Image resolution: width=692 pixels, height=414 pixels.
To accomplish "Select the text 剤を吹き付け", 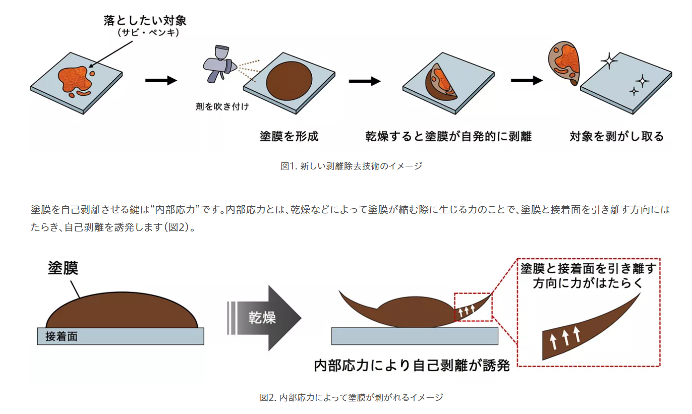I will pos(222,107).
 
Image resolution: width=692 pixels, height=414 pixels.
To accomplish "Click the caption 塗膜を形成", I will pos(289,136).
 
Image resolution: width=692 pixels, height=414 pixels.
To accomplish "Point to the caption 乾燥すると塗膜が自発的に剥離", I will pos(448,136).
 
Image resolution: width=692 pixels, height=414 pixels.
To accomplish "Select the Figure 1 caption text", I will pos(351,166).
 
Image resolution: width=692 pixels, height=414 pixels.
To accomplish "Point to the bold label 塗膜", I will pos(63,268).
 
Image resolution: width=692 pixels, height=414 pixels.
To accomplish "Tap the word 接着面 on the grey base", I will pos(62,336).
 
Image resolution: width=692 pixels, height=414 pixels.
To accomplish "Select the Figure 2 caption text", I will pos(351,397).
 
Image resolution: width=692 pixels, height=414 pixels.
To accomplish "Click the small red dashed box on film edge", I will pos(473,307).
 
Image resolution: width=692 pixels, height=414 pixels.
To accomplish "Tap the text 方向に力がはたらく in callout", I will pos(588,283).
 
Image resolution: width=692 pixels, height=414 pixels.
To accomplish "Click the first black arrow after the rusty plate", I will pos(161,80).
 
